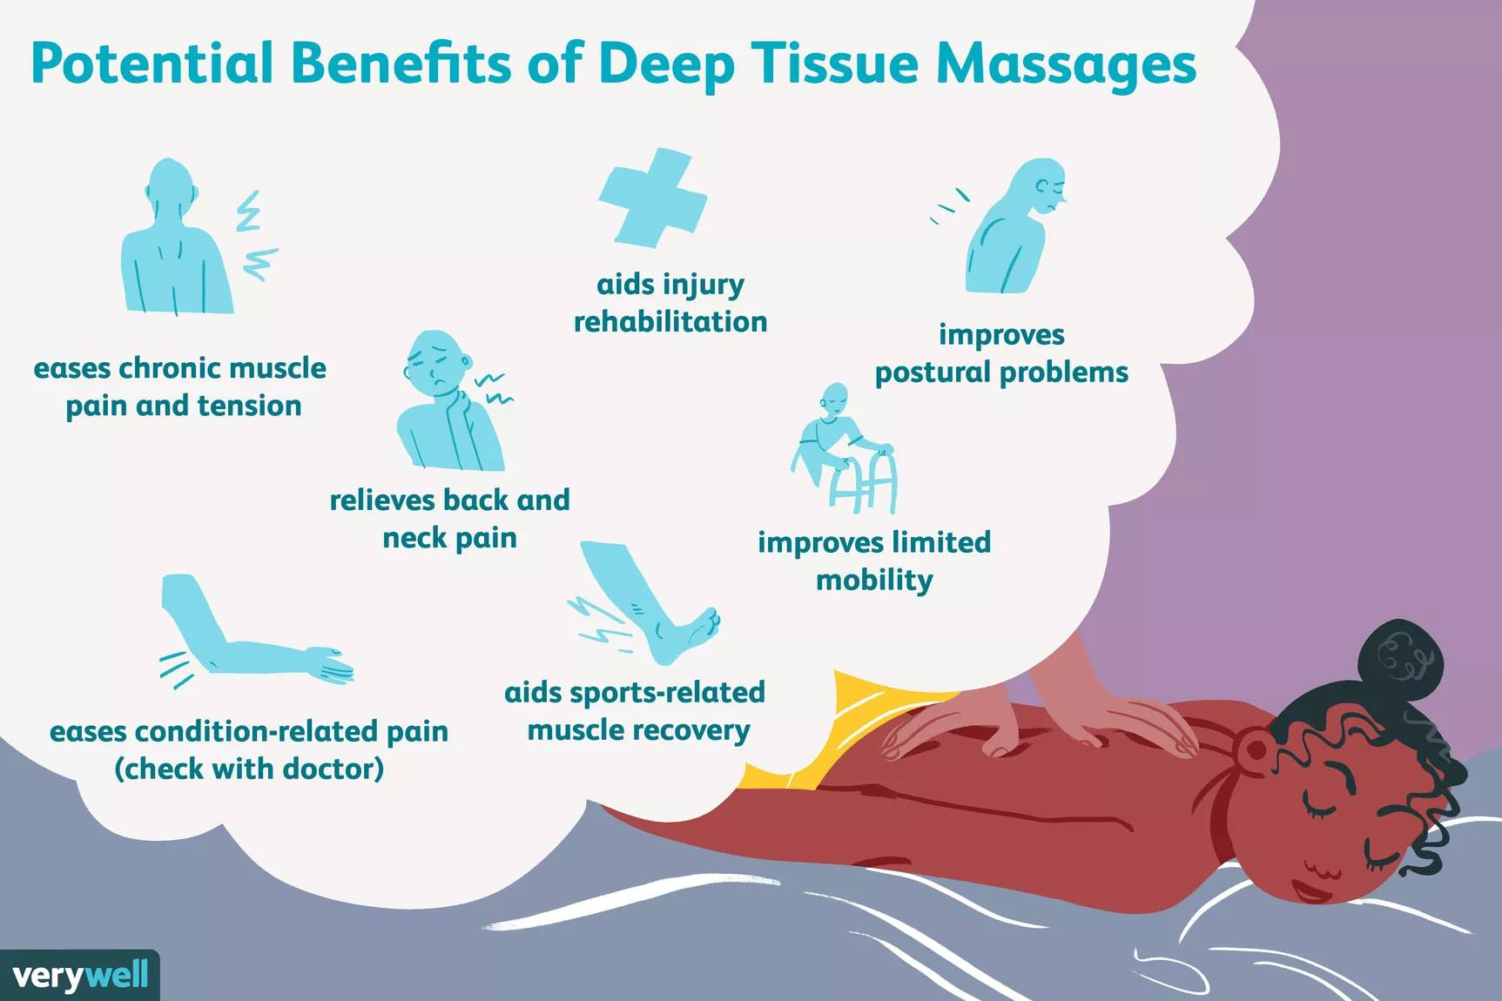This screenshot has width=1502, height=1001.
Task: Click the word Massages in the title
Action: (1066, 64)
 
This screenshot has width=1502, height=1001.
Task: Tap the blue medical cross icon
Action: (653, 198)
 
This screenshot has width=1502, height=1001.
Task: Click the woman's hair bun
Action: (1398, 660)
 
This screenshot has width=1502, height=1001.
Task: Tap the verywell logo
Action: (80, 975)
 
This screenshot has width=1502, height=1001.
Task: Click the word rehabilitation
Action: (670, 322)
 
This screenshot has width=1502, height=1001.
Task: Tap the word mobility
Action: (874, 581)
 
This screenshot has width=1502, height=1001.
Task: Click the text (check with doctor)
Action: (249, 769)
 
